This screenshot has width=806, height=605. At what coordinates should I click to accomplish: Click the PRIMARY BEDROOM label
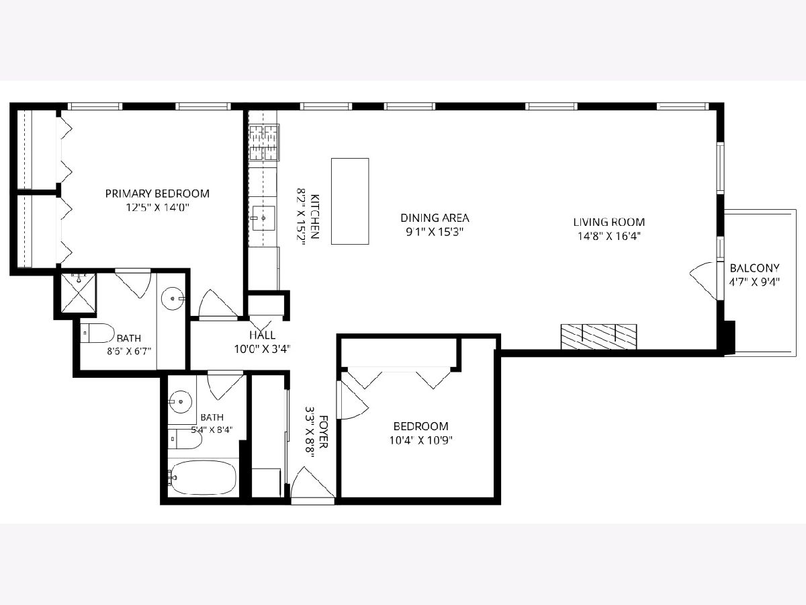tap(157, 194)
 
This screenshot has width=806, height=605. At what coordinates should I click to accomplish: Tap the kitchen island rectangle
tap(350, 201)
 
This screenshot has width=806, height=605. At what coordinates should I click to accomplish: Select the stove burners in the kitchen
tap(264, 143)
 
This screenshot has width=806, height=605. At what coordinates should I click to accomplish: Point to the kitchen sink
tap(264, 218)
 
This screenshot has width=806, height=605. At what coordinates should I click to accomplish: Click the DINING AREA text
tap(435, 218)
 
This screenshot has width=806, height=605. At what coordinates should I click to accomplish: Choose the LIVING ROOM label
tap(609, 222)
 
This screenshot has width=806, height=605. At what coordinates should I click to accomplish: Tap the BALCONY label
tap(754, 268)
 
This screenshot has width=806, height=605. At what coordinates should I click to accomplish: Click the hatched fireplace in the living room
tap(599, 337)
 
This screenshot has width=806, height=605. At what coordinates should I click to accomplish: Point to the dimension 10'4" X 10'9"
tap(421, 440)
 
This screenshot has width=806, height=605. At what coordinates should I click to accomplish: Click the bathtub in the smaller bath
tap(203, 477)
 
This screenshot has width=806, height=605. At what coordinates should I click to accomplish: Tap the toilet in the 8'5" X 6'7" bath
tap(97, 333)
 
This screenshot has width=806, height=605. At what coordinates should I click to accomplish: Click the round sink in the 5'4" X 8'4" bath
tap(180, 402)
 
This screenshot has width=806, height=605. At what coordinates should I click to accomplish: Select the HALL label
tap(263, 335)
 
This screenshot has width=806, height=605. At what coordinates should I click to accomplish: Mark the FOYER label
tap(324, 432)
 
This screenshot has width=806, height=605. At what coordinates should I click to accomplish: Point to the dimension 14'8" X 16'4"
tap(609, 236)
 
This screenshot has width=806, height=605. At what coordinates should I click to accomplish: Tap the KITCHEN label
tap(315, 216)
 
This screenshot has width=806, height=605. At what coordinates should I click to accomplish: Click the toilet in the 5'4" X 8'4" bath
tap(185, 439)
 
